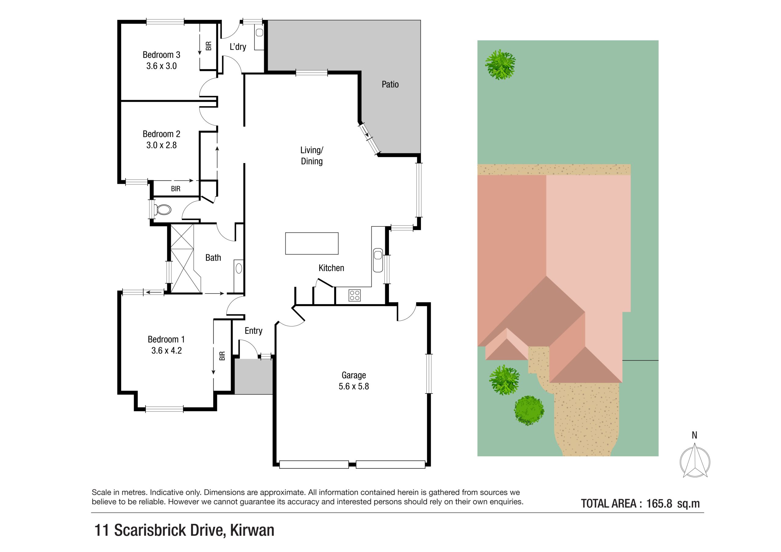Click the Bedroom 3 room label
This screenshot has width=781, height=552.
(161, 55)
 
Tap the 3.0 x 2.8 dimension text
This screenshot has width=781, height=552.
(161, 145)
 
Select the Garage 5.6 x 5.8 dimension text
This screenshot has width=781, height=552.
(354, 386)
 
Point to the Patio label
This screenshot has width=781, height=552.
(390, 84)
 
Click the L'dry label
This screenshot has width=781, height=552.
(238, 47)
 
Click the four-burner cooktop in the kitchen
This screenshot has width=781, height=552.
(355, 295)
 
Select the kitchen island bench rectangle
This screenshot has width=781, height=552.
(311, 243)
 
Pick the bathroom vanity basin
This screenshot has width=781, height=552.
(239, 268)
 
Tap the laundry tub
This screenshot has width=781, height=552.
(259, 33)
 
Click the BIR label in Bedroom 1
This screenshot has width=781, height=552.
(222, 356)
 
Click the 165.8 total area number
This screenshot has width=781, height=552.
(659, 504)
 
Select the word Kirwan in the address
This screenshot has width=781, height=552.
(252, 530)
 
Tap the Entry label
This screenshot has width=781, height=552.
(254, 331)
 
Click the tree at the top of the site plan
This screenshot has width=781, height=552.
(500, 65)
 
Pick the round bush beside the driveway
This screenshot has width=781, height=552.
(529, 410)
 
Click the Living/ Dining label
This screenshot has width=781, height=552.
(311, 156)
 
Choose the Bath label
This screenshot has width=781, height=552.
(213, 258)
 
